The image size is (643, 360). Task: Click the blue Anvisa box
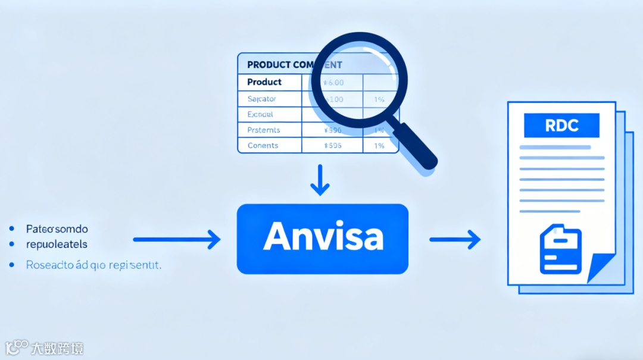click(x=322, y=239)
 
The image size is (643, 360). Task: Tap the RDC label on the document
click(x=561, y=126)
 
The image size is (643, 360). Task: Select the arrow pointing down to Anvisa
click(x=320, y=180)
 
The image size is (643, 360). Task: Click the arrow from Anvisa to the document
click(x=455, y=239)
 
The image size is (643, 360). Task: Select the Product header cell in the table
click(x=264, y=82)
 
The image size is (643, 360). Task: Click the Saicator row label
click(x=261, y=99)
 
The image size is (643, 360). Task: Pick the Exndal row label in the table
click(x=260, y=114)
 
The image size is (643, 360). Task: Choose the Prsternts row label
click(x=263, y=130)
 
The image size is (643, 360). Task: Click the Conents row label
click(x=262, y=145)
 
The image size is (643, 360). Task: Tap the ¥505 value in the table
click(x=332, y=145)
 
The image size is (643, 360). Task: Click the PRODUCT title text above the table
click(x=269, y=64)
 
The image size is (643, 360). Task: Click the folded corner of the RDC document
click(x=601, y=268)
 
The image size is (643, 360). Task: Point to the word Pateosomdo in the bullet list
click(x=57, y=228)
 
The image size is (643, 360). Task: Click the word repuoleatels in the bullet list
click(x=57, y=244)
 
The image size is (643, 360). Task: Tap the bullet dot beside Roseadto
click(x=12, y=265)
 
